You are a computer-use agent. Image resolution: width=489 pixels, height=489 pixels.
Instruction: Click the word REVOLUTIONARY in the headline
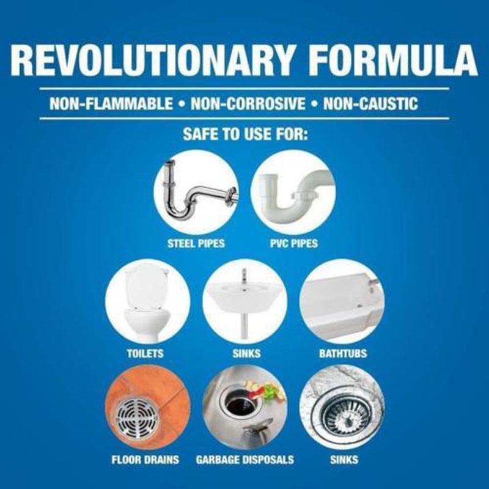click(x=152, y=60)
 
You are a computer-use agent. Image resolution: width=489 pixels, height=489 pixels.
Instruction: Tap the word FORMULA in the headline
click(x=393, y=60)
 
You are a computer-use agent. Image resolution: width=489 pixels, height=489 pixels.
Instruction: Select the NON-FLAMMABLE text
click(x=111, y=104)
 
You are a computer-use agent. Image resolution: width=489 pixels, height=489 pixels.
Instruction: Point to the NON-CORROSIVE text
click(x=248, y=104)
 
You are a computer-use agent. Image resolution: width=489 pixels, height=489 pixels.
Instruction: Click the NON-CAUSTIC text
click(x=370, y=104)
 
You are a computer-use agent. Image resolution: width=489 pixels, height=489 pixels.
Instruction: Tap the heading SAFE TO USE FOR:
click(x=246, y=134)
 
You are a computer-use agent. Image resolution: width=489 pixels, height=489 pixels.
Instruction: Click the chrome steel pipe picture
click(x=196, y=193)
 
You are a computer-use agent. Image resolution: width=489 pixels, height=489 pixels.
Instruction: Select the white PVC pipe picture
click(x=293, y=193)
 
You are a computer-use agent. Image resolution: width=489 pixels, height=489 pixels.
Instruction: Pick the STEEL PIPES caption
click(x=196, y=243)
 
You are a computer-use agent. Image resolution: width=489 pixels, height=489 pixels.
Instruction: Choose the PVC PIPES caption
click(x=294, y=243)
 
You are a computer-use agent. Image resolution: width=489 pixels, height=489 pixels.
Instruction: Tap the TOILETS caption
click(x=145, y=353)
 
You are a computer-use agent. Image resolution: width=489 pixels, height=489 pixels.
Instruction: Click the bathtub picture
click(x=342, y=301)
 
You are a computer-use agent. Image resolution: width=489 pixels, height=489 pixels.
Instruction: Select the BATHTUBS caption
click(x=343, y=353)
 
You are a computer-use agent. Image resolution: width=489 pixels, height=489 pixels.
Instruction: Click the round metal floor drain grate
click(x=137, y=417)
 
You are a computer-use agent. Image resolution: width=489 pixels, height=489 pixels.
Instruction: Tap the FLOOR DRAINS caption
click(x=145, y=460)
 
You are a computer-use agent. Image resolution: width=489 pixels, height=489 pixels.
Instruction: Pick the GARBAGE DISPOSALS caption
click(x=245, y=460)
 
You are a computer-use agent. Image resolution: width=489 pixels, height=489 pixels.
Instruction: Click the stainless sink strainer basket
click(x=347, y=415)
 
